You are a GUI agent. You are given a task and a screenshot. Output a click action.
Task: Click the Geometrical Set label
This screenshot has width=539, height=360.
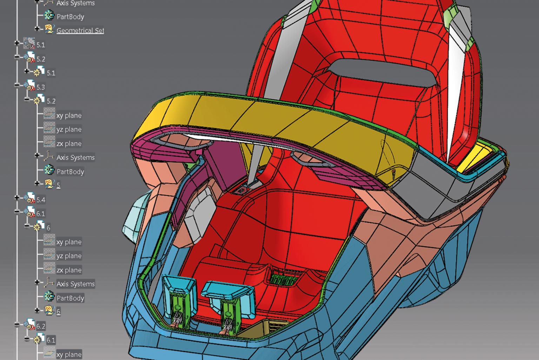[80, 31]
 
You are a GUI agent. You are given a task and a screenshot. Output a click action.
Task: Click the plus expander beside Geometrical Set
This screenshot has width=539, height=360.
[37, 29]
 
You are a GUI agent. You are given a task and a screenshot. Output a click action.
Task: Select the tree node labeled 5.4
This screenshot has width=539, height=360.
[41, 200]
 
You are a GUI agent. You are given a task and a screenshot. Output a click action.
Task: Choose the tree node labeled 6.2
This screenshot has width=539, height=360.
[41, 326]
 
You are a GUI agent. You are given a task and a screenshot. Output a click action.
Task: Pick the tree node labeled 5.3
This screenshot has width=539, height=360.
[41, 87]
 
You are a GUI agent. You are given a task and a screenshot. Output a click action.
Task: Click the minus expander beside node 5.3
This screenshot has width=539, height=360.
[16, 85]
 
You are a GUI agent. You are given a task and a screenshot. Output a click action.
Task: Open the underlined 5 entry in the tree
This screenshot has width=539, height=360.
[59, 185]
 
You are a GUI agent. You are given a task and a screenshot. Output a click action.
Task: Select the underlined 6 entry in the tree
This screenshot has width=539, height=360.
[59, 312]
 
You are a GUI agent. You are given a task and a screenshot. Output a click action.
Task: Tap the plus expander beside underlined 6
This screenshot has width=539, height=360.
[37, 310]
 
